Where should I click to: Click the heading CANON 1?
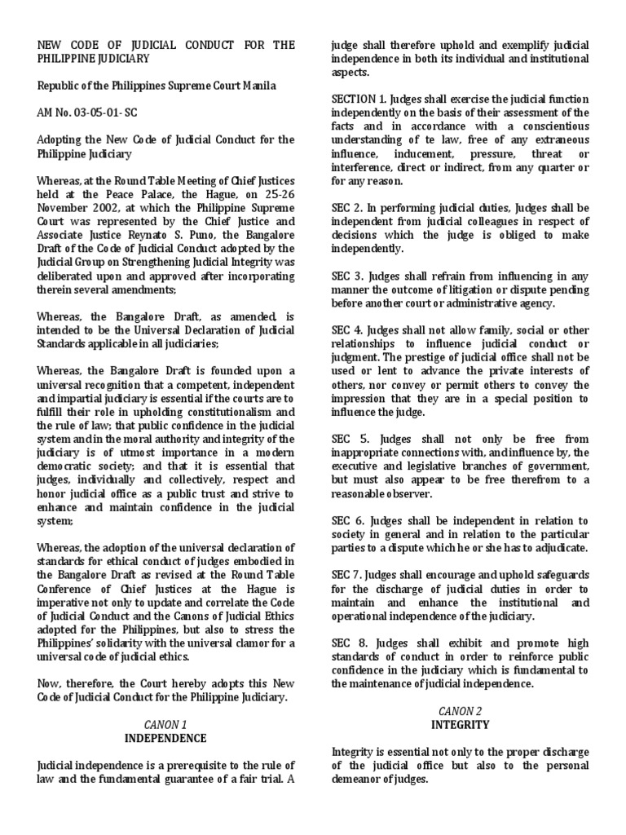click(166, 724)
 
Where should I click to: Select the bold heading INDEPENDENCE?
click(166, 738)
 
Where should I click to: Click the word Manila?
click(258, 86)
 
